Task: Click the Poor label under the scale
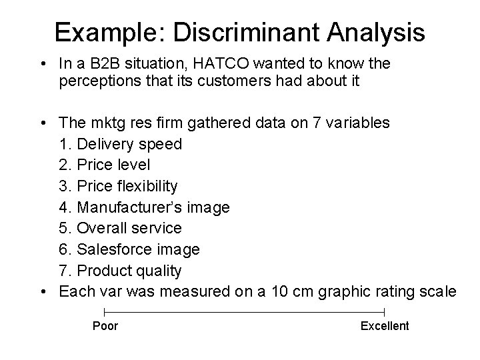(x=105, y=326)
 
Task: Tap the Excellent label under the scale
(x=385, y=326)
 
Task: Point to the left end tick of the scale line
(x=105, y=312)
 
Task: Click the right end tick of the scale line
(x=385, y=312)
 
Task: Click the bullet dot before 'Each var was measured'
(x=43, y=291)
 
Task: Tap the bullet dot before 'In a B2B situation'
(x=43, y=65)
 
